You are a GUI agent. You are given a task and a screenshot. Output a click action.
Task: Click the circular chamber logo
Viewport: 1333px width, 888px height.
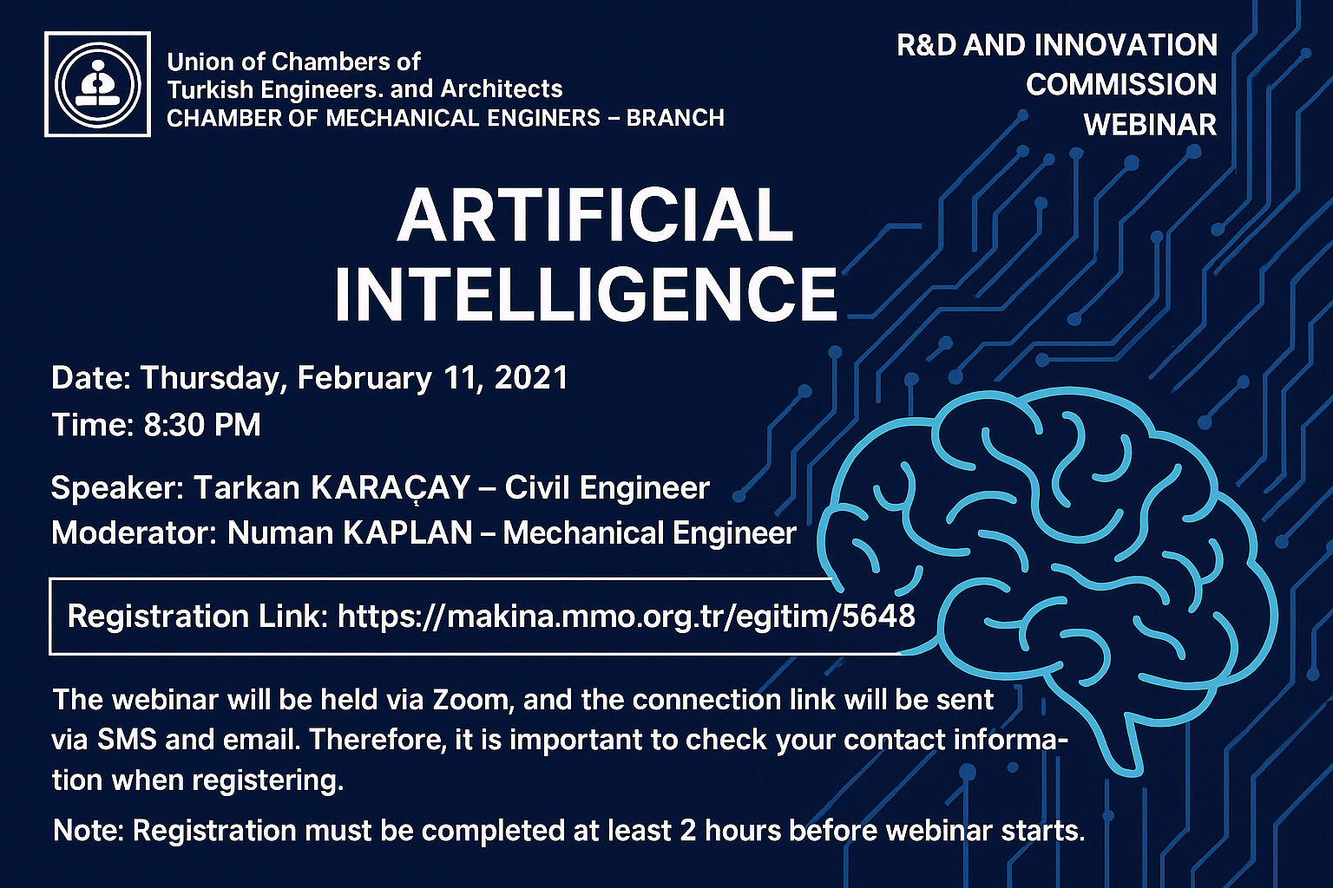(97, 84)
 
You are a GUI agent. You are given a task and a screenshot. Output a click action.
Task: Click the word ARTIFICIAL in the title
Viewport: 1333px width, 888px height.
(595, 215)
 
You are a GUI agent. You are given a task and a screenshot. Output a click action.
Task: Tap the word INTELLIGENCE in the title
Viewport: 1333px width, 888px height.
(586, 296)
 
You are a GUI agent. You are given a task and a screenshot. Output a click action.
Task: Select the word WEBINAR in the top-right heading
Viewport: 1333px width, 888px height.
(1150, 125)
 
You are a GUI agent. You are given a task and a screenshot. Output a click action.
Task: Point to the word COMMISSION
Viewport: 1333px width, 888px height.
(1121, 84)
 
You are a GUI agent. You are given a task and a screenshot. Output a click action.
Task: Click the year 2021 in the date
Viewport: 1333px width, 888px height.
(531, 378)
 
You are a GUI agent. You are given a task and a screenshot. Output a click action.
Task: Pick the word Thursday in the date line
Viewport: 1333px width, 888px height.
(209, 379)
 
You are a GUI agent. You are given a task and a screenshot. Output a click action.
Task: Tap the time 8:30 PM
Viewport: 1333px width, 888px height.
(202, 425)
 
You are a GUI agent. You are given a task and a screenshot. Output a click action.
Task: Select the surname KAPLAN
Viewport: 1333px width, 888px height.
(409, 533)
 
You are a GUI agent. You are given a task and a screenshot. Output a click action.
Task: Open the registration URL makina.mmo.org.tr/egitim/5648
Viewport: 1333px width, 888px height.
(626, 617)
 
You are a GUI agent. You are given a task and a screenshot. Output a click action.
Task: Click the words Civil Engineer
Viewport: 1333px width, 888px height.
(607, 487)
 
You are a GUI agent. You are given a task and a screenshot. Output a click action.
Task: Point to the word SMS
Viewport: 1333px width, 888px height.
(127, 740)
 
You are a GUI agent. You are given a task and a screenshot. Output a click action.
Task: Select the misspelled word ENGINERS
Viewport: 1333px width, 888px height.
(543, 118)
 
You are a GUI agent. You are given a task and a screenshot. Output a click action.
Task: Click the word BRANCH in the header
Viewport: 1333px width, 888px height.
(675, 118)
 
